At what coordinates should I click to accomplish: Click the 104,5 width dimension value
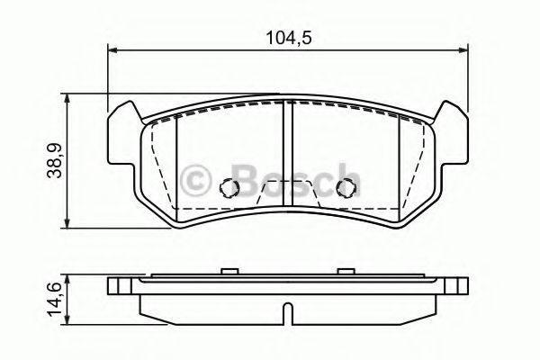pyautogui.click(x=288, y=38)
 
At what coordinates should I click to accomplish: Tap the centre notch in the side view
pyautogui.click(x=285, y=315)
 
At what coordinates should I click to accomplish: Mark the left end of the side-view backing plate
pyautogui.click(x=112, y=289)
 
